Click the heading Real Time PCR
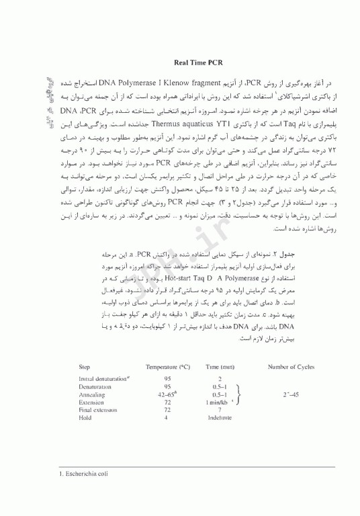198,61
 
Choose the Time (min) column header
220,367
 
